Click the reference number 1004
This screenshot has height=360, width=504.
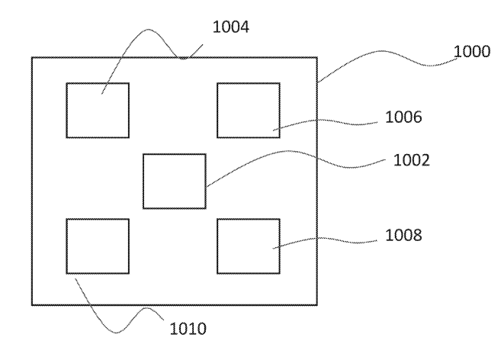click(231, 27)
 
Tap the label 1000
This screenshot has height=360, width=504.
click(472, 51)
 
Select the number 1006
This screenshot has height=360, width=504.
click(403, 117)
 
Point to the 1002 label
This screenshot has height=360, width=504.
click(412, 160)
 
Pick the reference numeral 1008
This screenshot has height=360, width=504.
click(403, 235)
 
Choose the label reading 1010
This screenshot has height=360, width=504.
click(188, 329)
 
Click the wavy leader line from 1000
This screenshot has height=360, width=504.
click(383, 51)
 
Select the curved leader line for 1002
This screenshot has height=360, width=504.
click(289, 151)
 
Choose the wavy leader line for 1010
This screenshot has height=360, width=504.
click(117, 333)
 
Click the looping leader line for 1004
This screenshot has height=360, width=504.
click(149, 30)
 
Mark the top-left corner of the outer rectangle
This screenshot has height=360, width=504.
click(32, 57)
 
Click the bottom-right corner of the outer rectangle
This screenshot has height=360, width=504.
click(317, 305)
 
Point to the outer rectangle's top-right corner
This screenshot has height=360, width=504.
click(317, 57)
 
